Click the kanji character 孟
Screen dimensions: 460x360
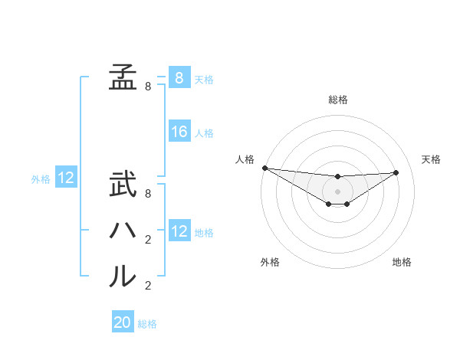tap(123, 77)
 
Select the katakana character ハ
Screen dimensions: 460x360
tap(123, 231)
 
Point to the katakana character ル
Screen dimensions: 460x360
tap(123, 276)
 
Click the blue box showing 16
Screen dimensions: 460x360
tap(179, 132)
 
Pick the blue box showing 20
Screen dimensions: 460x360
tap(123, 322)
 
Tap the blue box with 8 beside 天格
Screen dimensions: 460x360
tap(179, 77)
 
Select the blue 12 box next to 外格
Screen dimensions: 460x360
tap(66, 178)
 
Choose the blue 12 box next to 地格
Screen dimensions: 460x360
tap(179, 231)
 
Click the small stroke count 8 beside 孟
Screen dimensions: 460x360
tap(148, 87)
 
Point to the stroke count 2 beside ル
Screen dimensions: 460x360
tap(148, 286)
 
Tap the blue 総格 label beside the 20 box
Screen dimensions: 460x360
tap(147, 324)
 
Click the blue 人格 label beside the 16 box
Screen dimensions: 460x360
tap(204, 133)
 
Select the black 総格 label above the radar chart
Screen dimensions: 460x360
tap(337, 100)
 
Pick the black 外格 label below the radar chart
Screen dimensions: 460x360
tap(270, 262)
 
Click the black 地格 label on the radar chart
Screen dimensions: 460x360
tap(402, 262)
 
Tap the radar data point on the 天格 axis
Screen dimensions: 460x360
tap(396, 172)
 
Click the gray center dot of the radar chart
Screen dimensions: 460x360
tap(337, 191)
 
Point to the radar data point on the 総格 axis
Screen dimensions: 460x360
tap(337, 177)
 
